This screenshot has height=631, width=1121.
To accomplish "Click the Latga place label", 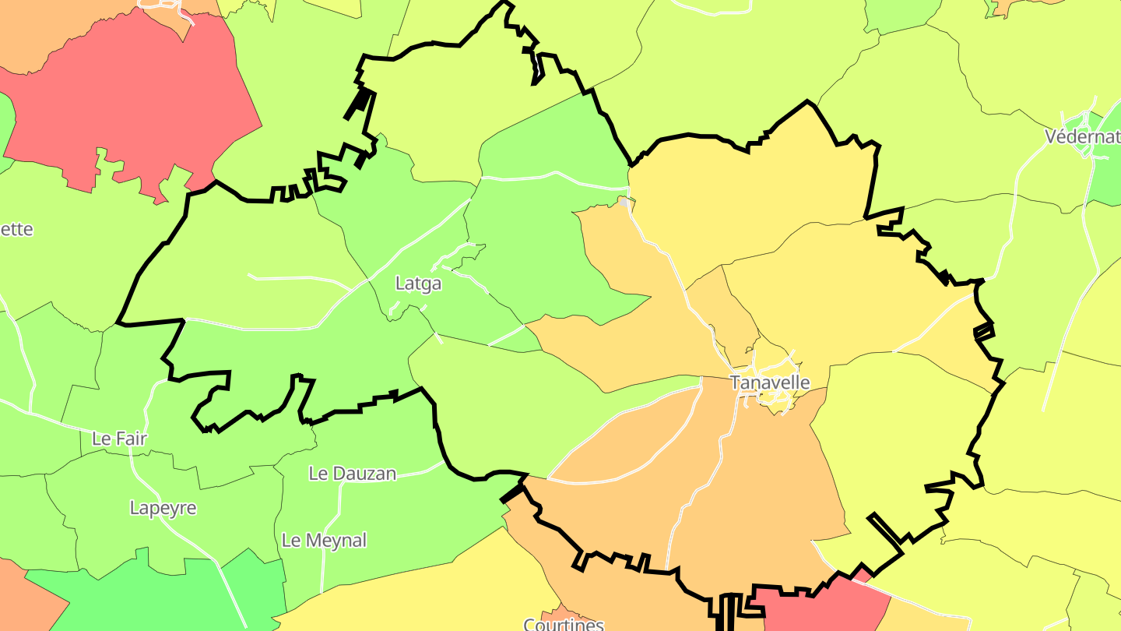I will click(418, 284).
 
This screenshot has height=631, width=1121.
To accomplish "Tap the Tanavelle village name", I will click(769, 382).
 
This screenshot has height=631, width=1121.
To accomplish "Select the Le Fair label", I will click(119, 439).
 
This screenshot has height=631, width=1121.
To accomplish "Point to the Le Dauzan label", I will click(353, 474).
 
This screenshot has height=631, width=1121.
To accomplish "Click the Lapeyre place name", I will click(163, 509).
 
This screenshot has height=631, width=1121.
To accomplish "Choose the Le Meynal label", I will click(324, 541).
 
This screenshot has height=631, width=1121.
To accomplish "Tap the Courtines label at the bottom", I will click(564, 624).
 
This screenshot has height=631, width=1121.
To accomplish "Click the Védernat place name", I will click(1082, 137).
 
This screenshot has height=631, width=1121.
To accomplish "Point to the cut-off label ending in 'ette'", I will click(17, 230).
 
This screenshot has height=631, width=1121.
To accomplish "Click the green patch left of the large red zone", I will click(5, 125).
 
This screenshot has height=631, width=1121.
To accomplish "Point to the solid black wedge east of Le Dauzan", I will click(511, 493).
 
